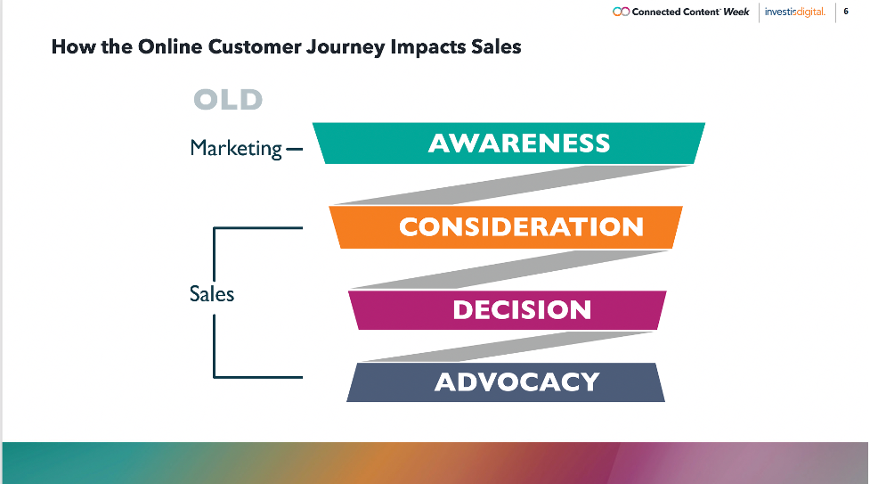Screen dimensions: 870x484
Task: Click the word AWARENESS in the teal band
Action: pyautogui.click(x=519, y=144)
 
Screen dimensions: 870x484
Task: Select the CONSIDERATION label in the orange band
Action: pyautogui.click(x=521, y=226)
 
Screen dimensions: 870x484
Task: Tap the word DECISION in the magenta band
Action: pyautogui.click(x=522, y=309)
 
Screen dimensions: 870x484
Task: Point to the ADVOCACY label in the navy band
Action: pyautogui.click(x=517, y=381)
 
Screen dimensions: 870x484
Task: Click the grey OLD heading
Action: pyautogui.click(x=228, y=100)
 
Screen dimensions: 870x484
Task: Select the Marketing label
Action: pyautogui.click(x=236, y=148)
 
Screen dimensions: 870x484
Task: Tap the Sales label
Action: pyautogui.click(x=211, y=293)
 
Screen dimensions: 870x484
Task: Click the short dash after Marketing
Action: pyautogui.click(x=294, y=149)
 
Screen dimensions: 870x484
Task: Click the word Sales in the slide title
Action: pyautogui.click(x=496, y=46)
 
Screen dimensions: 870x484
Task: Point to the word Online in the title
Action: pyautogui.click(x=170, y=46)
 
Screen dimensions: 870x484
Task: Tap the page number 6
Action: pyautogui.click(x=846, y=11)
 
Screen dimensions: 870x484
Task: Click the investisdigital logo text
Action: pyautogui.click(x=794, y=12)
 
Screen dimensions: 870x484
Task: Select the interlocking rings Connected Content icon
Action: pyautogui.click(x=621, y=12)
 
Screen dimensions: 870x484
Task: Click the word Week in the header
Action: pyautogui.click(x=736, y=12)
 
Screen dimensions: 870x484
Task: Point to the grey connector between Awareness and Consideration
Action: pyautogui.click(x=510, y=185)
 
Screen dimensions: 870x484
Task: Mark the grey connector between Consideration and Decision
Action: pyautogui.click(x=510, y=269)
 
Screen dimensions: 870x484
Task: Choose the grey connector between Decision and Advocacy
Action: pyautogui.click(x=508, y=347)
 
